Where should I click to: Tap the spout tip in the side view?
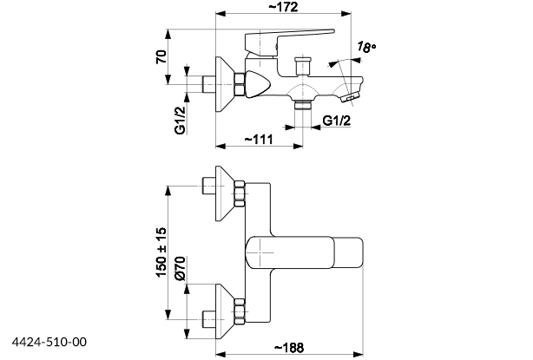pyautogui.click(x=351, y=94)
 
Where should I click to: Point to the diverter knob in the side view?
pyautogui.click(x=303, y=65)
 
